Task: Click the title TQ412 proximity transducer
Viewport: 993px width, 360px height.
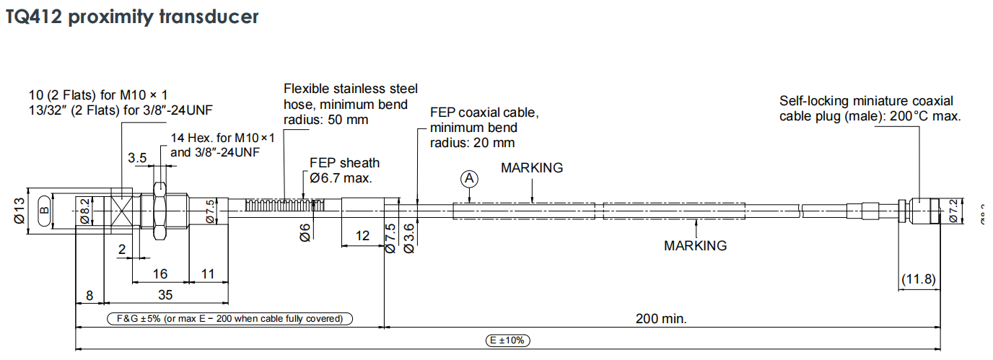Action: click(x=132, y=17)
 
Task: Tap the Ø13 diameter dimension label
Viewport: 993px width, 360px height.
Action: click(x=19, y=215)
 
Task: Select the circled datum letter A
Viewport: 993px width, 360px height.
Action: click(x=470, y=178)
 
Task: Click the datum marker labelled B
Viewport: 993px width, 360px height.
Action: click(x=43, y=211)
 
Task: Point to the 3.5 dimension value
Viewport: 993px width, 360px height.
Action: click(x=137, y=157)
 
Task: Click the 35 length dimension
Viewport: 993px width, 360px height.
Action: click(x=165, y=294)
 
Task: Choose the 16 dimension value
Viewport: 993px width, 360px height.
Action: click(x=159, y=273)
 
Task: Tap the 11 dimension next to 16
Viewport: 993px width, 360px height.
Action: click(x=208, y=273)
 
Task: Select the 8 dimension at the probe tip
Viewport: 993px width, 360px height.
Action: click(x=89, y=294)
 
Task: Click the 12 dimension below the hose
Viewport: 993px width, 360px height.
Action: click(x=362, y=235)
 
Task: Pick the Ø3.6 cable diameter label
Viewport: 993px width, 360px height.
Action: click(x=408, y=237)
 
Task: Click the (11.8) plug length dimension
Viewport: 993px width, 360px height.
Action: click(x=919, y=279)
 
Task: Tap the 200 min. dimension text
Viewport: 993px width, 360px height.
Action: click(x=661, y=318)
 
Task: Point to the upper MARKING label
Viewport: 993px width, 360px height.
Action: click(x=532, y=168)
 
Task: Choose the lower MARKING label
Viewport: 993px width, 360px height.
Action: click(x=695, y=245)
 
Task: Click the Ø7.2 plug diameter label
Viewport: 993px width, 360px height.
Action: click(x=953, y=211)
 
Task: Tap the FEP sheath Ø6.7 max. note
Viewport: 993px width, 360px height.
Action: click(x=342, y=170)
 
